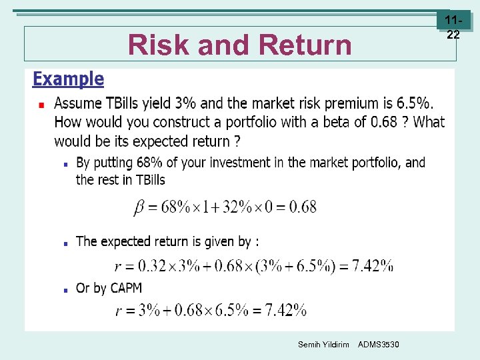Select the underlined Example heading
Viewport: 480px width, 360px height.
[68, 79]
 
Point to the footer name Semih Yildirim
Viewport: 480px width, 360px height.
[323, 344]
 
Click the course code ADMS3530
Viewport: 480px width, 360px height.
[379, 344]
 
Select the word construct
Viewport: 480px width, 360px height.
[188, 123]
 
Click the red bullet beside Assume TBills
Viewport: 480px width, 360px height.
[41, 105]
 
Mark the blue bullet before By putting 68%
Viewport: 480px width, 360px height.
[65, 163]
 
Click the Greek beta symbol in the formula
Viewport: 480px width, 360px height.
[139, 207]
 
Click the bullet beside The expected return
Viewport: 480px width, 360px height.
[65, 243]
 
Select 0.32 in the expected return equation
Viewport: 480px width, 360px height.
[145, 266]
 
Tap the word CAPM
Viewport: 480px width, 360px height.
[124, 289]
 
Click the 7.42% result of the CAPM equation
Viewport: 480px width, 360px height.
[285, 310]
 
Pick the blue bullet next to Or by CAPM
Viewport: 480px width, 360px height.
[65, 290]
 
